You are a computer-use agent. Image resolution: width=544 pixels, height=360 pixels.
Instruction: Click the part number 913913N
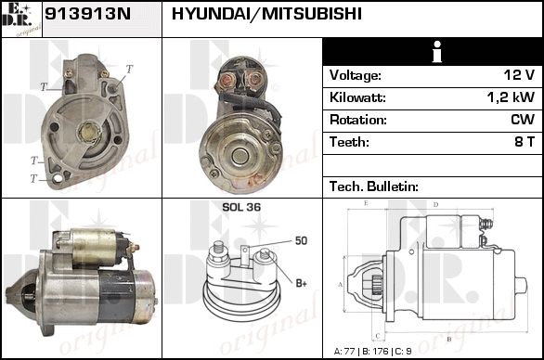(88, 14)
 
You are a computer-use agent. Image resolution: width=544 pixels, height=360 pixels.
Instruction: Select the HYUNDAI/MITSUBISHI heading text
(266, 14)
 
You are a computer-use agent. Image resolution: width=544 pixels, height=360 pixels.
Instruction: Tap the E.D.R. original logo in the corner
(21, 19)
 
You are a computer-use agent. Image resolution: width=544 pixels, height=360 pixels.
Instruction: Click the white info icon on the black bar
(437, 52)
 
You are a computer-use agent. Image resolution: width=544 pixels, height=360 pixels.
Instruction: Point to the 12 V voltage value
(519, 75)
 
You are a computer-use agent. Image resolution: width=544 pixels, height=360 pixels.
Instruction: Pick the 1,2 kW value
(511, 97)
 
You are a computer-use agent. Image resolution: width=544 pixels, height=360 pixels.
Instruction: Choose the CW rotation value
(523, 120)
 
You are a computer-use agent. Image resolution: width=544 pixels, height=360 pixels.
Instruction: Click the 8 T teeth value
(525, 142)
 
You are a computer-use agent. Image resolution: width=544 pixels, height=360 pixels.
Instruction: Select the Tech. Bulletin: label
(374, 186)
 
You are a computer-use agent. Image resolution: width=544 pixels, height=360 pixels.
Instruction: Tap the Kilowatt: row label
(357, 97)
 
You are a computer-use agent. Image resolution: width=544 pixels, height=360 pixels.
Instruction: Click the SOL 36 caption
(241, 207)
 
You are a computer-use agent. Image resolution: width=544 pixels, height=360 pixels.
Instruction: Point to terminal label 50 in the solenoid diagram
(301, 240)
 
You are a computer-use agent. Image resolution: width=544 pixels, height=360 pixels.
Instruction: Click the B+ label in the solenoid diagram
(301, 283)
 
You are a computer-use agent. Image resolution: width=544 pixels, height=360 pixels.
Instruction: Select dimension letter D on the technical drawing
(436, 204)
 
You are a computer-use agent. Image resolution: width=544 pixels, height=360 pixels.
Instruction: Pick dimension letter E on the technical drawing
(366, 203)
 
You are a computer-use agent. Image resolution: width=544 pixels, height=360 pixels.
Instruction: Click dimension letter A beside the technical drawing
(340, 285)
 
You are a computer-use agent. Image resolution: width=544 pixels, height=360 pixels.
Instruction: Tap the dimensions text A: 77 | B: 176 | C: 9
(372, 352)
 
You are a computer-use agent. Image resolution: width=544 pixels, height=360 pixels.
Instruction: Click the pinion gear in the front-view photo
(89, 132)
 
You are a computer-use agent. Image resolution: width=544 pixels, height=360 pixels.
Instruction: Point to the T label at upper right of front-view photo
(129, 69)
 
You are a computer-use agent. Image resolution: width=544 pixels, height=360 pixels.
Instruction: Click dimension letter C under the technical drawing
(378, 336)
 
